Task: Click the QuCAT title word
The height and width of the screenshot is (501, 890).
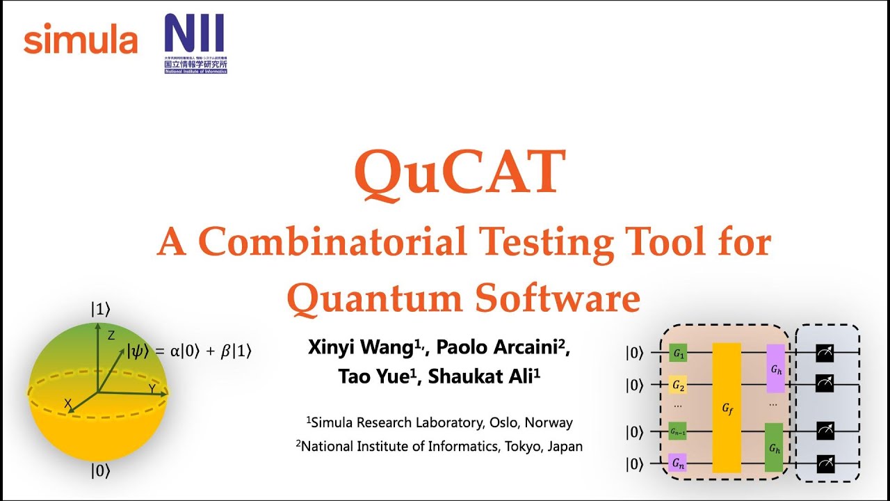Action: [460, 173]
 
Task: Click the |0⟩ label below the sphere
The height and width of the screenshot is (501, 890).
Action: [100, 471]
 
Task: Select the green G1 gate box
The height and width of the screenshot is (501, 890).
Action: [678, 353]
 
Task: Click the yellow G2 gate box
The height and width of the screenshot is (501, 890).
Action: [678, 384]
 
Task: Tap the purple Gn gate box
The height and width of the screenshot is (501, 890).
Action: [678, 463]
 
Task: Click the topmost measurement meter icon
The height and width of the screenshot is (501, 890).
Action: [825, 353]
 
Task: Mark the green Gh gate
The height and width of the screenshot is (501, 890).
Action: [774, 447]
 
